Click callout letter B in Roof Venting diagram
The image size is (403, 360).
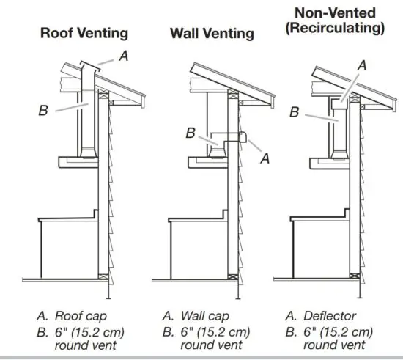(44, 111)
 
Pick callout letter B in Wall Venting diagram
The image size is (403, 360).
(191, 133)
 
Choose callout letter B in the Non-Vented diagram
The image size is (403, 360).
(294, 112)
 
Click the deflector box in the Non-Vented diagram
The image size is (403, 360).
(338, 103)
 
